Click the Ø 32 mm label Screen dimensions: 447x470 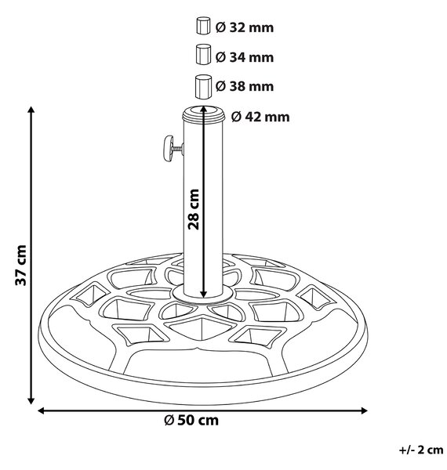pos(245,27)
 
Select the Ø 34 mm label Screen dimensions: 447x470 pos(245,57)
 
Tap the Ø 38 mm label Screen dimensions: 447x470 pos(245,86)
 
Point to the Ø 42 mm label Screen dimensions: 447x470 pos(260,117)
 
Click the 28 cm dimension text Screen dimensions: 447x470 pos(194,209)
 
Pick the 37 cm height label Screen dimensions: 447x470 pos(21,266)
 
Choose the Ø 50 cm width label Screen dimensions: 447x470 pos(191,420)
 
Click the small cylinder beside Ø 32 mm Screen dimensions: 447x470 pos(203,26)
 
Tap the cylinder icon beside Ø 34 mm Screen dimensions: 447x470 pos(203,54)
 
